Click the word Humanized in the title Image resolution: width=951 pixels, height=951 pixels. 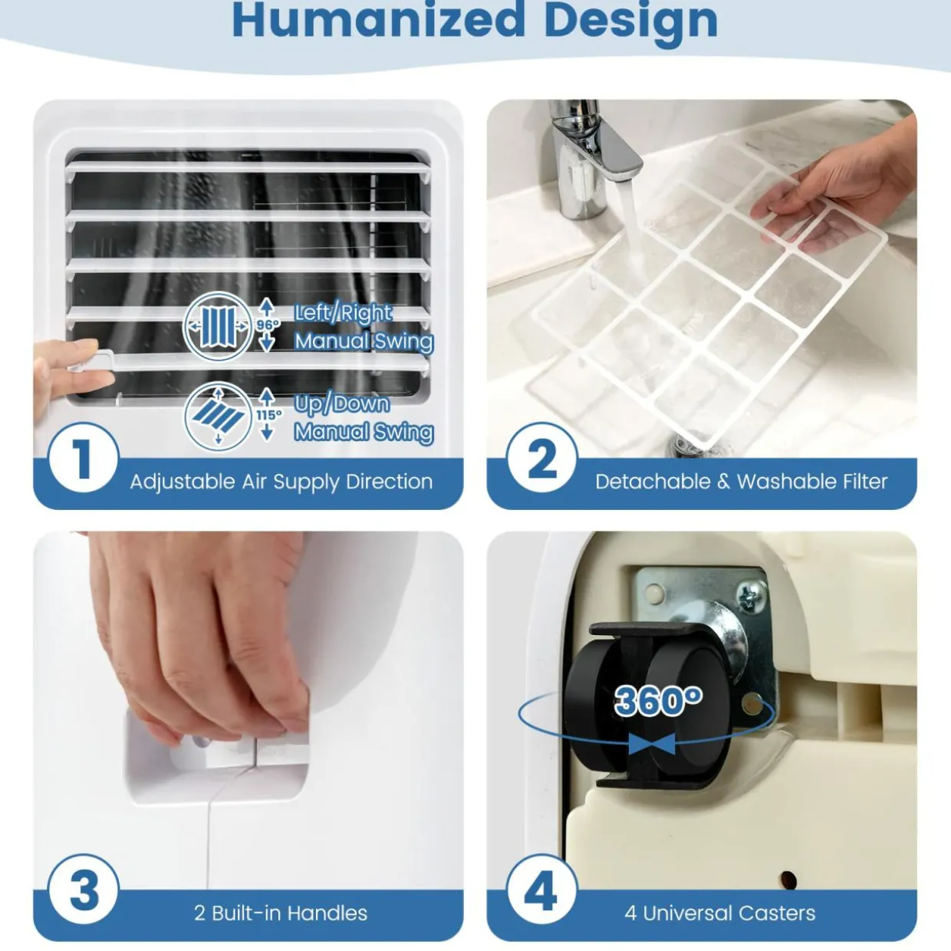(x=379, y=21)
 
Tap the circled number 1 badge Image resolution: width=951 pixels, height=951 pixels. (x=84, y=457)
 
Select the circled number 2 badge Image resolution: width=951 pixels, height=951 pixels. (x=542, y=458)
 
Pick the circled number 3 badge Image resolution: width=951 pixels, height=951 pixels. (x=84, y=890)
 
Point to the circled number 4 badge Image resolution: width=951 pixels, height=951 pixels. (x=542, y=890)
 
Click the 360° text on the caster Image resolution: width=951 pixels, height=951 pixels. (x=658, y=700)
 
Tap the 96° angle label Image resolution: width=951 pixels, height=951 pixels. (x=268, y=324)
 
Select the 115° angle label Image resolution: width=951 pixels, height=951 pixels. (x=269, y=415)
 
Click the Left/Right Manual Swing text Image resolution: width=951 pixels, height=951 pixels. (x=364, y=327)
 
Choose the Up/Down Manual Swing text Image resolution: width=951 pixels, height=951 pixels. (x=364, y=417)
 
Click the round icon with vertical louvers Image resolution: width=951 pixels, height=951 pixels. (x=218, y=327)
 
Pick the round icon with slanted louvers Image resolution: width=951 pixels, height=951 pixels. (x=218, y=417)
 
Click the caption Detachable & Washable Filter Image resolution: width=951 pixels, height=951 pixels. (x=742, y=482)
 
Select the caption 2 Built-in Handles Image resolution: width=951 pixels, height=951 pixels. (x=281, y=913)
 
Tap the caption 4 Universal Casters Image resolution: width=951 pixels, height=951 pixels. (x=719, y=913)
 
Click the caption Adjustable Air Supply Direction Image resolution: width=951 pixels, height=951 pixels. (x=281, y=482)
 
